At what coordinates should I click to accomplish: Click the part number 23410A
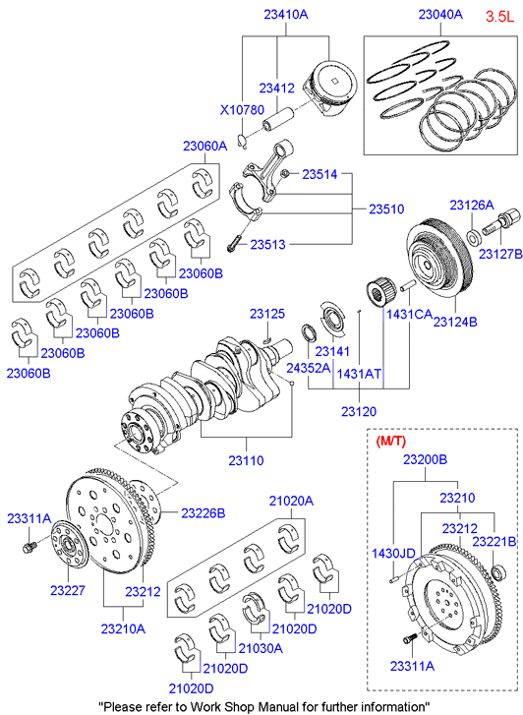(x=286, y=14)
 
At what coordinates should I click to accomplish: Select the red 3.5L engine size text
(x=499, y=17)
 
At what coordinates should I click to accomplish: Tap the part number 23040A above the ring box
(x=440, y=14)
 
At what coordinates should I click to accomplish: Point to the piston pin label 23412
(x=277, y=88)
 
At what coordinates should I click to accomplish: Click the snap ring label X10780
(x=242, y=110)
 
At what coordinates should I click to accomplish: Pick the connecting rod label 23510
(x=386, y=209)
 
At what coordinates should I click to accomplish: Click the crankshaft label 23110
(x=246, y=460)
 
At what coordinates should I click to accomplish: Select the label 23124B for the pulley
(x=455, y=322)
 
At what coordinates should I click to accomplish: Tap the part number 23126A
(x=472, y=205)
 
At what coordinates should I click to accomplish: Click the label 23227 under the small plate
(x=68, y=590)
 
